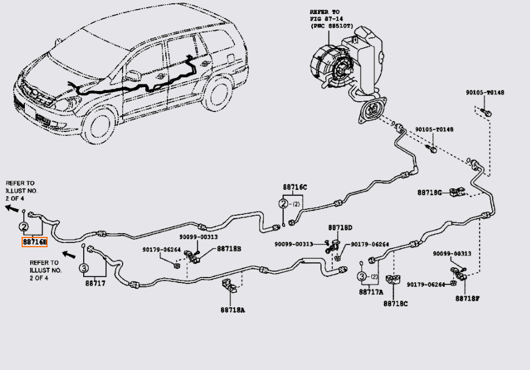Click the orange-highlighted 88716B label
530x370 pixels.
[35, 242]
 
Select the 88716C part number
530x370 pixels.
[295, 187]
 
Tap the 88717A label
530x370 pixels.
[371, 292]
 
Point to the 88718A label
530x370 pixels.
[232, 310]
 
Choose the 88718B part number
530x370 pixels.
[229, 249]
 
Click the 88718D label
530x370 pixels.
[340, 228]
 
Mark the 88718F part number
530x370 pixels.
[467, 299]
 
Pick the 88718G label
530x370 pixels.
[430, 193]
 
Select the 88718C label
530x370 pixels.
[395, 303]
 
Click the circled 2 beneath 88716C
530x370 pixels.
[283, 204]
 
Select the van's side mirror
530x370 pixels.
[134, 76]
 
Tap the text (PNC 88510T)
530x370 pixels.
[332, 26]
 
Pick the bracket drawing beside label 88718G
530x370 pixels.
[458, 192]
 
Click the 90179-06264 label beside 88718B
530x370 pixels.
[162, 250]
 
